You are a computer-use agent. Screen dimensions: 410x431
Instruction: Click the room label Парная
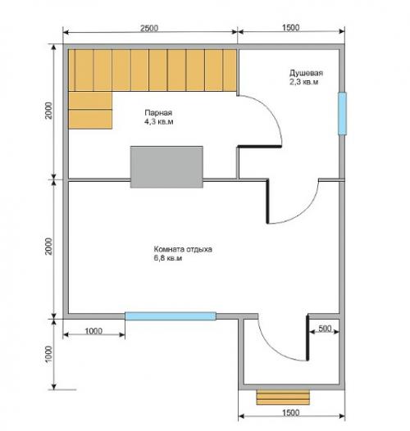coord(158,113)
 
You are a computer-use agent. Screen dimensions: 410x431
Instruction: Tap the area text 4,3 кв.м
coord(159,122)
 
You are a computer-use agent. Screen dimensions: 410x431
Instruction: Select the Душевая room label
coord(306,73)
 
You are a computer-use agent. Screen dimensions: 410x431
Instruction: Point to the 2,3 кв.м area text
coord(303,82)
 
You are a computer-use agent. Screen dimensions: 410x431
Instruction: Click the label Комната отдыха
coord(183,249)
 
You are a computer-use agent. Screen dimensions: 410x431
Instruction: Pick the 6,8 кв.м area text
coord(168,258)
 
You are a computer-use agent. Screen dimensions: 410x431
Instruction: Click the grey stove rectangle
coord(166,167)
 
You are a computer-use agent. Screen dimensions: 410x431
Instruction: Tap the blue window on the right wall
coord(342,114)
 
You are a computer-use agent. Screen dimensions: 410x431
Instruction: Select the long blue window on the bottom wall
coord(171,316)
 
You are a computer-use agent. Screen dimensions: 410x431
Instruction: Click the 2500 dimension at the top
coord(149,29)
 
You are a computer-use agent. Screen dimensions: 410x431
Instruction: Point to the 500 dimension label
coord(325,329)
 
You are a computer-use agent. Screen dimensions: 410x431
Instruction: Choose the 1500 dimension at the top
coord(290,28)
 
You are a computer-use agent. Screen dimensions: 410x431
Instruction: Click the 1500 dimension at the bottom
coord(290,413)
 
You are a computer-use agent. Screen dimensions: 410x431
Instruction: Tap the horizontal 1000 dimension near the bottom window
coord(93,331)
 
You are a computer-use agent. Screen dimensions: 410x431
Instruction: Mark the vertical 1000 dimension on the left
coord(48,354)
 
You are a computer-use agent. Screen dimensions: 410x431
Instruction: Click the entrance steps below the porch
coord(283,397)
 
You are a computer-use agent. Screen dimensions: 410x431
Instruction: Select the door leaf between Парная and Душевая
coord(259,146)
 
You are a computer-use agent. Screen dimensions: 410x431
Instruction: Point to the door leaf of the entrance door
coord(307,338)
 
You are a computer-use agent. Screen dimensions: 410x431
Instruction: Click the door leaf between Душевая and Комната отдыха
coord(267,202)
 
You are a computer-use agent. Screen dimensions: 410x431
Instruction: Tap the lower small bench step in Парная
coord(90,120)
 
